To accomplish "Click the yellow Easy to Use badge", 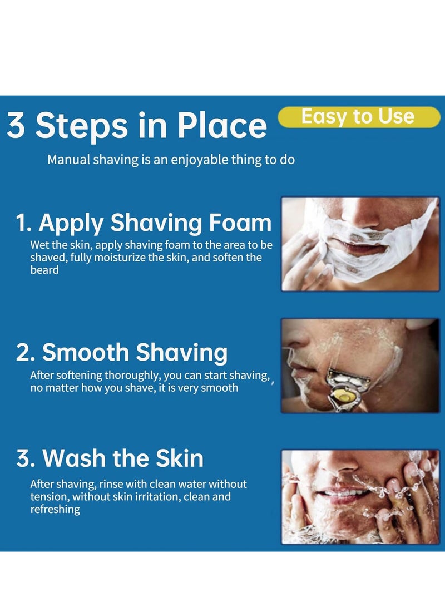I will click(359, 117).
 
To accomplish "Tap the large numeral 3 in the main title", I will click(16, 126).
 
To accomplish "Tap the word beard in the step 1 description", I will click(44, 270).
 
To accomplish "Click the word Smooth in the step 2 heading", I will click(85, 353).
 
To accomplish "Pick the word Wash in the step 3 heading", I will click(73, 458).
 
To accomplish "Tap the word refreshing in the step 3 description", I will click(55, 510).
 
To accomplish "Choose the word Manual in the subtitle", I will click(68, 160).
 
